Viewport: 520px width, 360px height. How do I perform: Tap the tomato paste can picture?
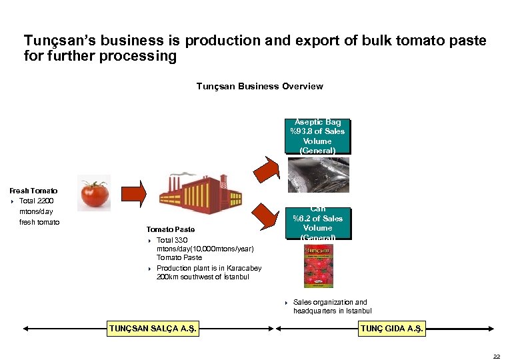coord(318,266)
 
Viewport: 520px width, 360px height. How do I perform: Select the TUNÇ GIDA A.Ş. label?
coord(391,328)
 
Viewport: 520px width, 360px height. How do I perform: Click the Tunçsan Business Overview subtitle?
coord(259,86)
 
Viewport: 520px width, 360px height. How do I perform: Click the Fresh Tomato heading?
coord(33,191)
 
